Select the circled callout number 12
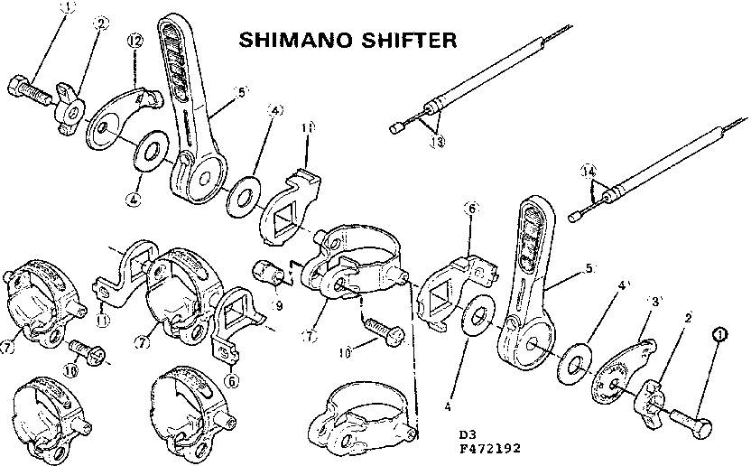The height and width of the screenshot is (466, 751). (x=134, y=42)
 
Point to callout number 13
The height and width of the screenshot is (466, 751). (x=438, y=142)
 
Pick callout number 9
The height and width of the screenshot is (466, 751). (x=279, y=305)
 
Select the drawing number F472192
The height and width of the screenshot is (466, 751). (x=490, y=447)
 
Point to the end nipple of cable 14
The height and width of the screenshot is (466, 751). (x=574, y=217)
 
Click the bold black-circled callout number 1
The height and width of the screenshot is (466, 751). (x=719, y=334)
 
